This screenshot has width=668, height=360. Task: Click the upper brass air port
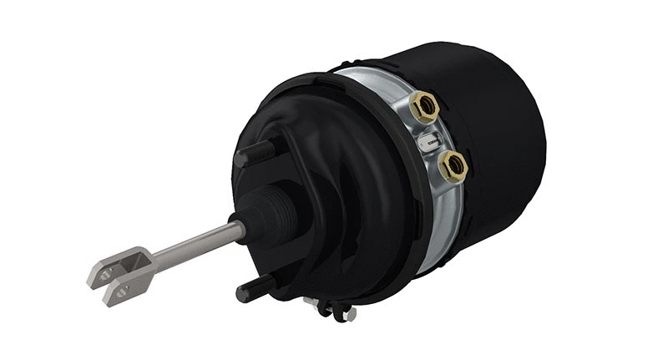424,107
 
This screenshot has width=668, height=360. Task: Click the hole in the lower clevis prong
122,289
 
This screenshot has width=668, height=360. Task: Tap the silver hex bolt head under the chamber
349,314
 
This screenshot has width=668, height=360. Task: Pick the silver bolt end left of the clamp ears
311,301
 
